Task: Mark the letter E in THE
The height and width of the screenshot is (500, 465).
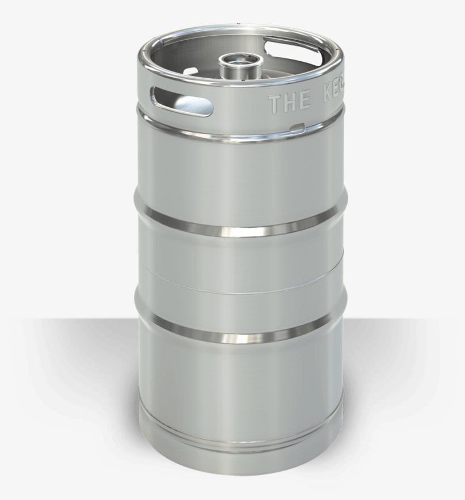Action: [x=305, y=101]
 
